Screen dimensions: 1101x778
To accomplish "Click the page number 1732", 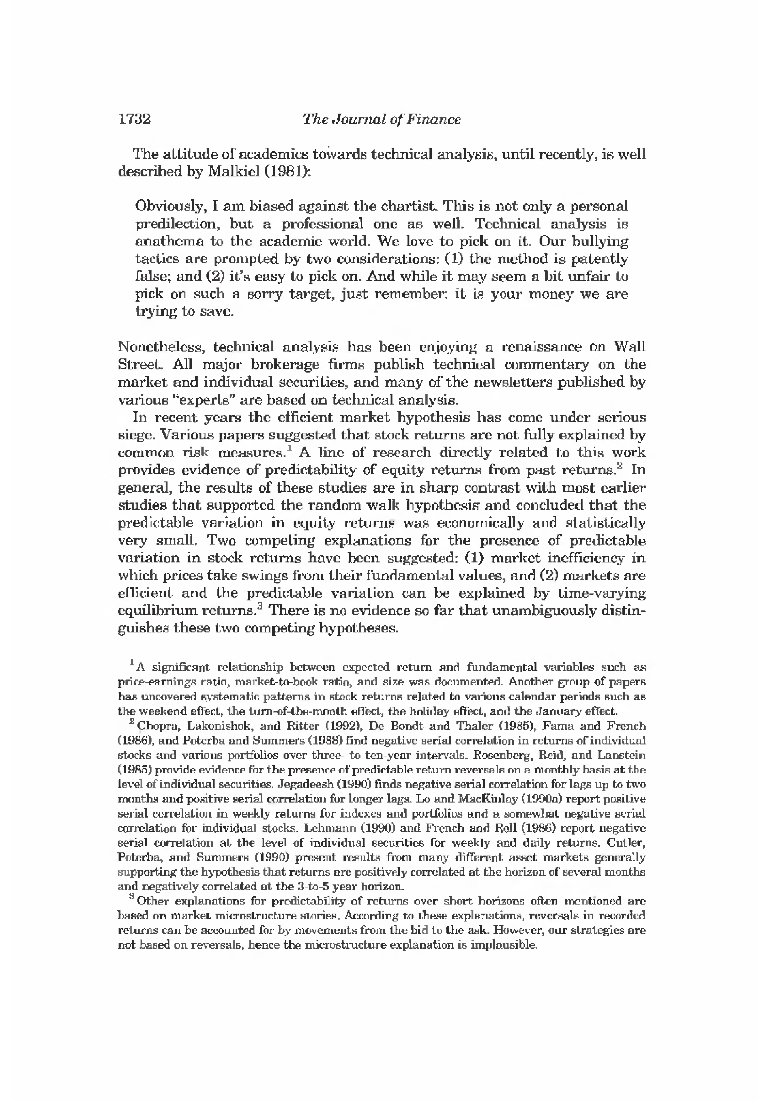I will click(x=134, y=119).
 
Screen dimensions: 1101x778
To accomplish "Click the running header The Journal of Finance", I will click(x=381, y=119).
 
